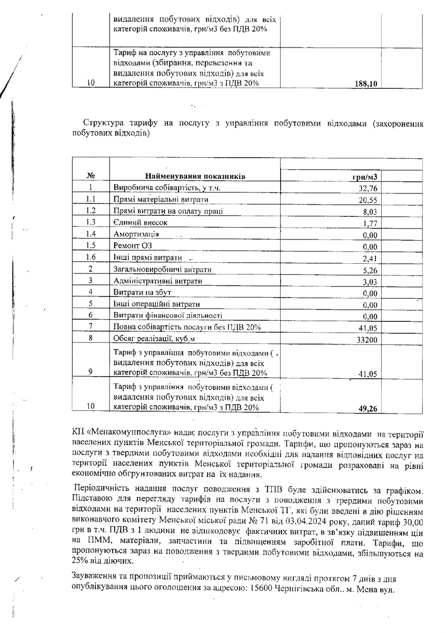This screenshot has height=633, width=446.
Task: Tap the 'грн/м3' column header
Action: click(364, 176)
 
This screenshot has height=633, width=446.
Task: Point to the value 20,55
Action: click(369, 200)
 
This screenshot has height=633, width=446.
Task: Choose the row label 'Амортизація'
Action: click(136, 234)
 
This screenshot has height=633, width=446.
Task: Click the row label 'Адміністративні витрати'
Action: click(158, 281)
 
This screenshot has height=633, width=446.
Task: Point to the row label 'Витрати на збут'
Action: click(142, 293)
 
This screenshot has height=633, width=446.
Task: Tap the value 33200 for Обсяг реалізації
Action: click(367, 341)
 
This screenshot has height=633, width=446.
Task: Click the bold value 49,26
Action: click(369, 408)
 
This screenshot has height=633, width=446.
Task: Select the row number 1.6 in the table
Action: click(91, 257)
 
